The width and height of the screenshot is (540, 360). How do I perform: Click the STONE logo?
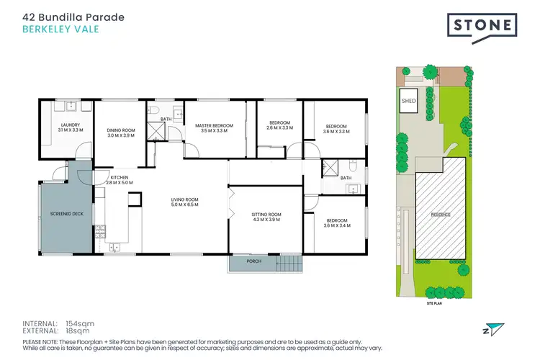(x=483, y=27)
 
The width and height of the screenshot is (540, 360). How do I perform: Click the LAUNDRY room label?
(x=70, y=127)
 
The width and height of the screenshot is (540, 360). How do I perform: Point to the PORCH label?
(x=253, y=261)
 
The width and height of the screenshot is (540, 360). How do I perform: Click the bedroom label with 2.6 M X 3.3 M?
(x=279, y=125)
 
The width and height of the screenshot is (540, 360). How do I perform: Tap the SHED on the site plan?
(x=408, y=101)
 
